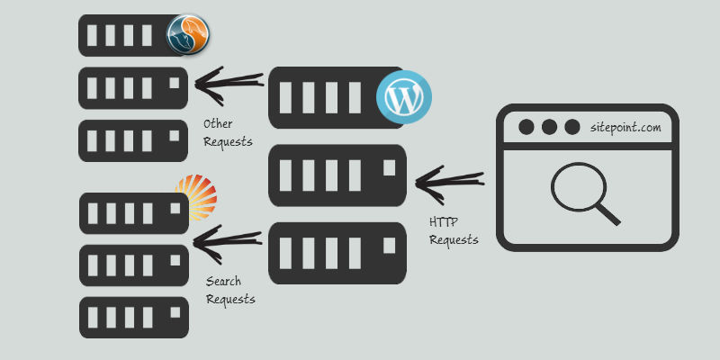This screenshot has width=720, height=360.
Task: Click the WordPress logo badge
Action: point(403,95)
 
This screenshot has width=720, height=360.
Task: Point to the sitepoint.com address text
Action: point(625,128)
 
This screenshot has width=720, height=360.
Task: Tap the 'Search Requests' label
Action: point(230,291)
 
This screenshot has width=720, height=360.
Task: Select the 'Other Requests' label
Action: point(228,133)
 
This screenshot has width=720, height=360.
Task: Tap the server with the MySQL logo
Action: point(126,36)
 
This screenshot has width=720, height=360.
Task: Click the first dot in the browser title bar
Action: point(526,127)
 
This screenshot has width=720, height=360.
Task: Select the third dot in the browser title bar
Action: point(571,127)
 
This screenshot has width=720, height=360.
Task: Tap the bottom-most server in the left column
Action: point(133,317)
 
